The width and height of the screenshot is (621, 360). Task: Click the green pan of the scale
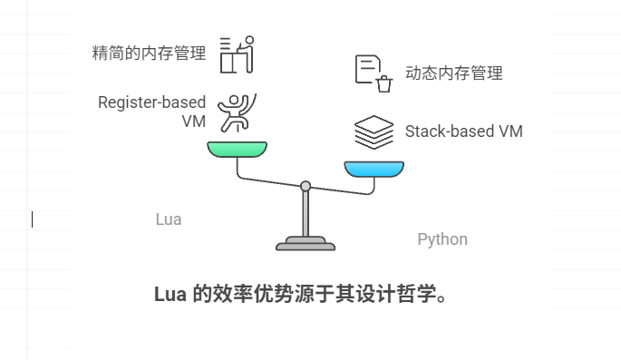tap(237, 149)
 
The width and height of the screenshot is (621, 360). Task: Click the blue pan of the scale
tap(374, 170)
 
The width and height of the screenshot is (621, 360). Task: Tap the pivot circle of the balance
tap(306, 186)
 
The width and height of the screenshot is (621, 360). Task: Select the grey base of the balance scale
tap(306, 244)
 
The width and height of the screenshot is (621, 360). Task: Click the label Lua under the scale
tap(169, 219)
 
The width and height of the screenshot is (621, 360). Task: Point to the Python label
tap(442, 239)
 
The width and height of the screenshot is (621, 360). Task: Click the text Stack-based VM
tap(463, 131)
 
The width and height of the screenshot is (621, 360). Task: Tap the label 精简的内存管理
tap(149, 53)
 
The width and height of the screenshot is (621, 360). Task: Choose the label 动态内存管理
tap(453, 73)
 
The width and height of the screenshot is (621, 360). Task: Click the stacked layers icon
tap(374, 132)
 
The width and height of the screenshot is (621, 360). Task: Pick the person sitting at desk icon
tap(238, 54)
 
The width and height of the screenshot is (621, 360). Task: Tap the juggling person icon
tap(238, 112)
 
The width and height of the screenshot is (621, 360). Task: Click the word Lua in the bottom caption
tap(170, 295)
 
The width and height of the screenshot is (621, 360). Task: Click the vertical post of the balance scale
tap(306, 214)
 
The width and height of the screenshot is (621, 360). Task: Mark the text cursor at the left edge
tap(33, 219)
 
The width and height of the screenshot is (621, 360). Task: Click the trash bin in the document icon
tap(384, 84)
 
